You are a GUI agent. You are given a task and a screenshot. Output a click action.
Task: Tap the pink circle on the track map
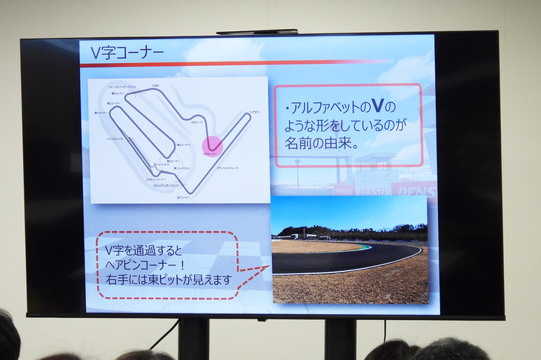tap(213, 146)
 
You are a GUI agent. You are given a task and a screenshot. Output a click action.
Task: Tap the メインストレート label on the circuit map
tap(117, 138)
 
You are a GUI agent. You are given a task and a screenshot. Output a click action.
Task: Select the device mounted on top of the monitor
tap(257, 32)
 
